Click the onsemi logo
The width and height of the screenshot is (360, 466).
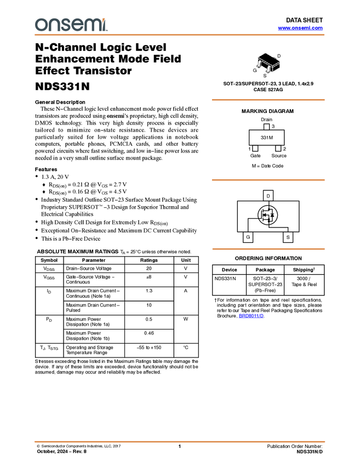[71, 25]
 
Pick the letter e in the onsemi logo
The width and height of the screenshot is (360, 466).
[79, 25]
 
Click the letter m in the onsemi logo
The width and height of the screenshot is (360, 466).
[94, 25]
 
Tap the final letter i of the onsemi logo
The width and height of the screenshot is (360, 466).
[106, 26]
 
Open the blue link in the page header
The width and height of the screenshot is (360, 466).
[300, 28]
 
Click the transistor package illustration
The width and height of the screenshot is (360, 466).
[268, 63]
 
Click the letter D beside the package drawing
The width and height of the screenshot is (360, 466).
[279, 56]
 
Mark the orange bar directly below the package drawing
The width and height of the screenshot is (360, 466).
[268, 100]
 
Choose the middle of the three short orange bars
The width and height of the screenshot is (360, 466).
[268, 180]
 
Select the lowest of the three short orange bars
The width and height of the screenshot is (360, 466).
[268, 249]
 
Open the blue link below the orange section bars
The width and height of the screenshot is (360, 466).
[251, 316]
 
